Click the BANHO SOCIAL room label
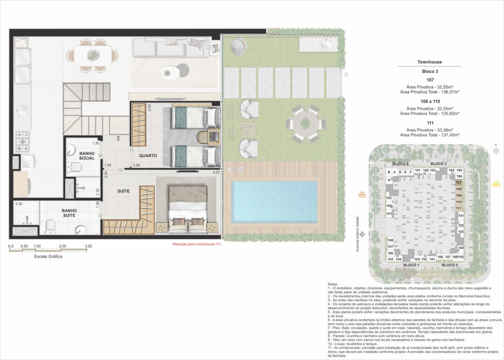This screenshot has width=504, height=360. coord(87,155)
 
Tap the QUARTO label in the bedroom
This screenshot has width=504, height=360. coord(147,155)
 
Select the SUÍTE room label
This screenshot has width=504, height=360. coord(124,191)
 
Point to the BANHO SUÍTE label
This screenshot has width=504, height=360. coord(69,213)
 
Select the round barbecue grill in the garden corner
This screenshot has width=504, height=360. coord(238,45)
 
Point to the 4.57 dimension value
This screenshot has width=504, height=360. coord(216,173)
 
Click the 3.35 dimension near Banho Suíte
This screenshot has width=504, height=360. coord(19,204)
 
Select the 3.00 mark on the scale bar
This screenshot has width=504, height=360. coord(88,246)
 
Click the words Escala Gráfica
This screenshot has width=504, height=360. coord(48,256)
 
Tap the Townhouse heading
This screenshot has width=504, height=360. coord(429,62)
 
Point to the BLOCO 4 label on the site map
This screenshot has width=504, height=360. coord(400,164)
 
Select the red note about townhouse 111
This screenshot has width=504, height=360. coord(197,244)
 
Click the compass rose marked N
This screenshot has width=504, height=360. coord(496,151)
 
